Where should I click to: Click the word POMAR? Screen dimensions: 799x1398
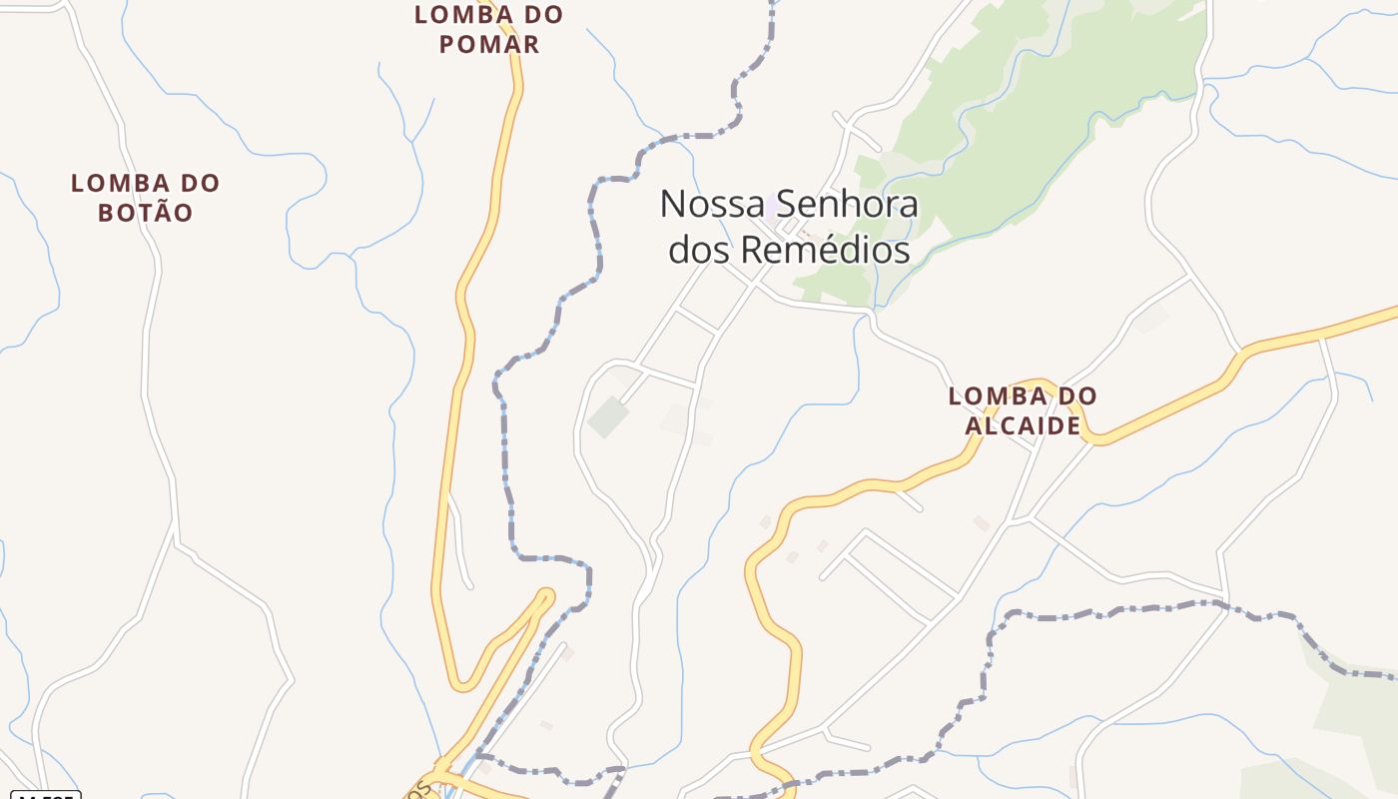click(x=488, y=44)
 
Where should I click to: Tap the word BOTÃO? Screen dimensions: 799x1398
click(x=145, y=213)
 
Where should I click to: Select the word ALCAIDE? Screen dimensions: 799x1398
click(x=1023, y=425)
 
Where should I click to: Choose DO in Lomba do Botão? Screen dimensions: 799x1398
click(x=200, y=184)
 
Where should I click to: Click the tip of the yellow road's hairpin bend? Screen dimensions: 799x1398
click(x=545, y=596)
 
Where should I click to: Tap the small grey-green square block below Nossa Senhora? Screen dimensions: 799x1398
click(x=607, y=417)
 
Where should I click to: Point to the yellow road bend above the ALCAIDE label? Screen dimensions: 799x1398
click(x=1039, y=383)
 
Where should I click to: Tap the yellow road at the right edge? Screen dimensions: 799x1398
click(x=1383, y=314)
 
